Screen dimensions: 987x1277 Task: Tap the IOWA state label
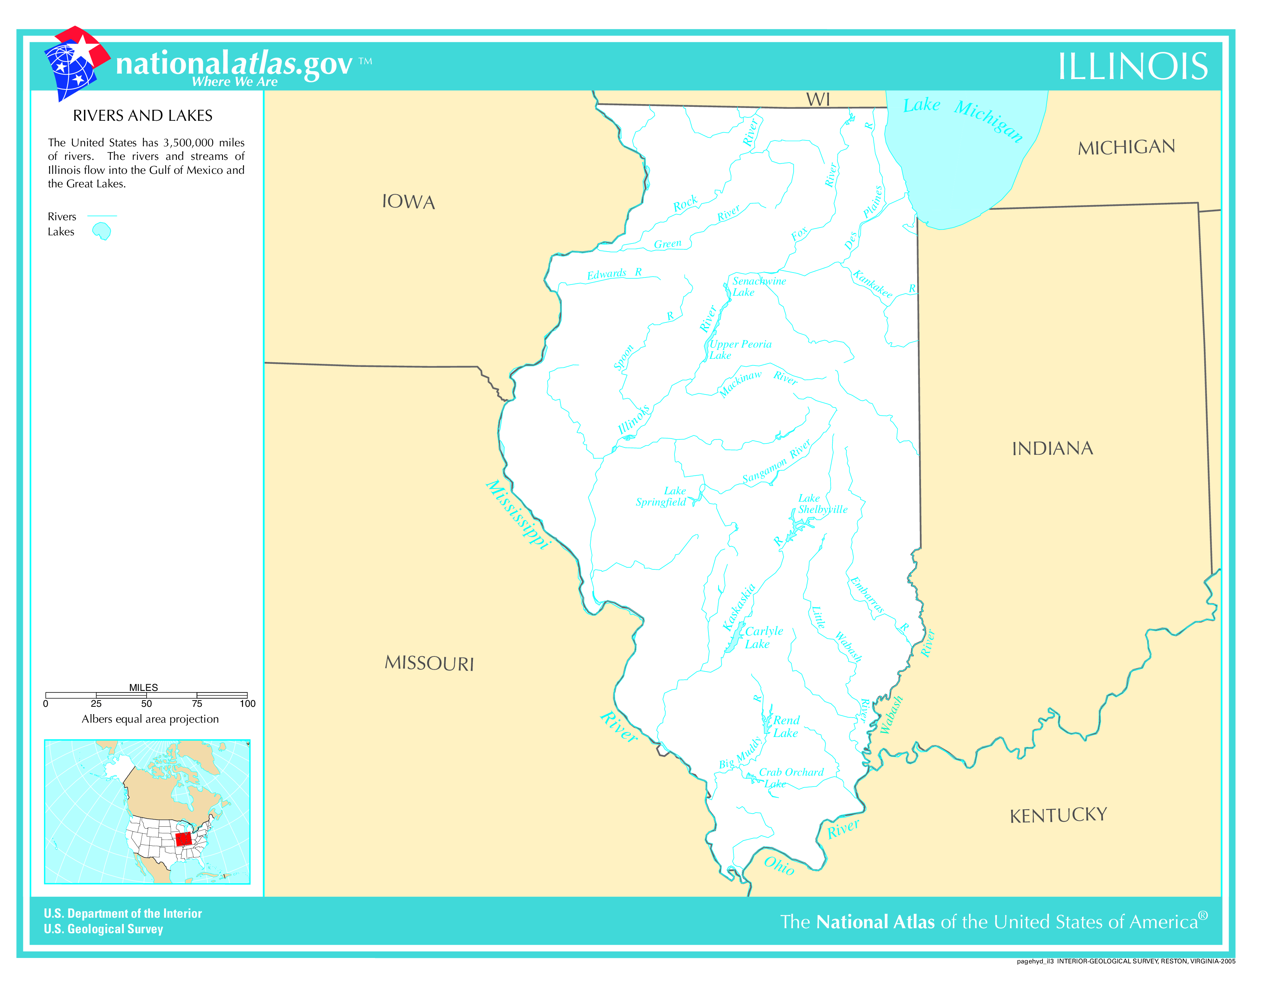coord(408,202)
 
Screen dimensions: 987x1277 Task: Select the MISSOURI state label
coord(429,663)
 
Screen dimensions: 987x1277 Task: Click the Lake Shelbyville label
coord(822,504)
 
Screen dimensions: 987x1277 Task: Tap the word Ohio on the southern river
coord(779,866)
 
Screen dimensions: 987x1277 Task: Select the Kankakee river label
coord(872,284)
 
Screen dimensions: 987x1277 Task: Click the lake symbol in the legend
coord(102,231)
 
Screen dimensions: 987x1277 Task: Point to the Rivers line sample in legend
coord(102,216)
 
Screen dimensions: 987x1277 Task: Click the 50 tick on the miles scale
coord(146,703)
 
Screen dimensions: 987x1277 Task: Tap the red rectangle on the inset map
coord(183,839)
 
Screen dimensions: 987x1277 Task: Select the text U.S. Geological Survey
coord(103,929)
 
